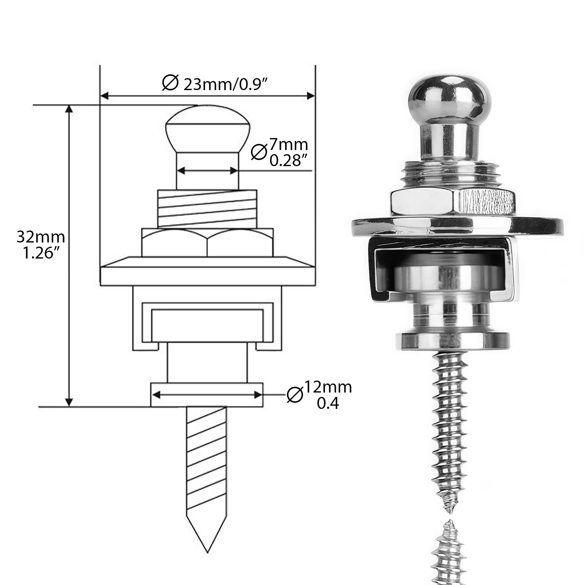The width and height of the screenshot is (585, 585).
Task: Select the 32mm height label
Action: (41, 237)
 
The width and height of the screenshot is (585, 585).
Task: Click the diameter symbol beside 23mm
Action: (170, 82)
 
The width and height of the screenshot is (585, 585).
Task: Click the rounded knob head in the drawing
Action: (207, 129)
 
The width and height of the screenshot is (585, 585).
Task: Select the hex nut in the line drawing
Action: (207, 242)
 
